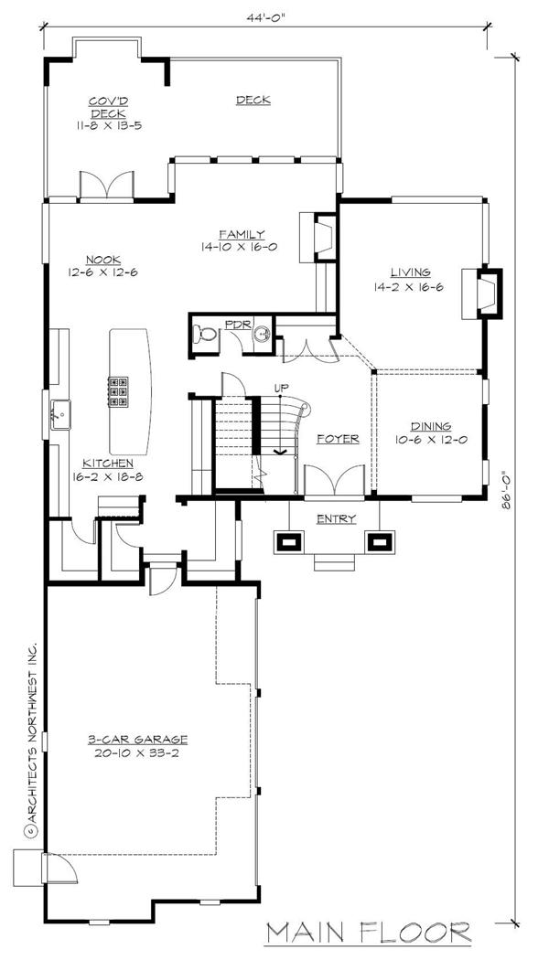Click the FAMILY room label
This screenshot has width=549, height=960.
[242, 234]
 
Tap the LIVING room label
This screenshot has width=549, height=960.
[411, 272]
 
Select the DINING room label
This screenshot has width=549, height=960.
[428, 426]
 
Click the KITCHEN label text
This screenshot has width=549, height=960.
[110, 464]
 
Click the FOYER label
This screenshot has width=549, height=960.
[338, 439]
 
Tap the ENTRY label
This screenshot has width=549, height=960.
[336, 519]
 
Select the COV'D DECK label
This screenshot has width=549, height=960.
[107, 107]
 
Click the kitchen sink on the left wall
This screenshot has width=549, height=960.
[60, 414]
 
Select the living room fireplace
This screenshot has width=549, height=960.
[486, 293]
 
